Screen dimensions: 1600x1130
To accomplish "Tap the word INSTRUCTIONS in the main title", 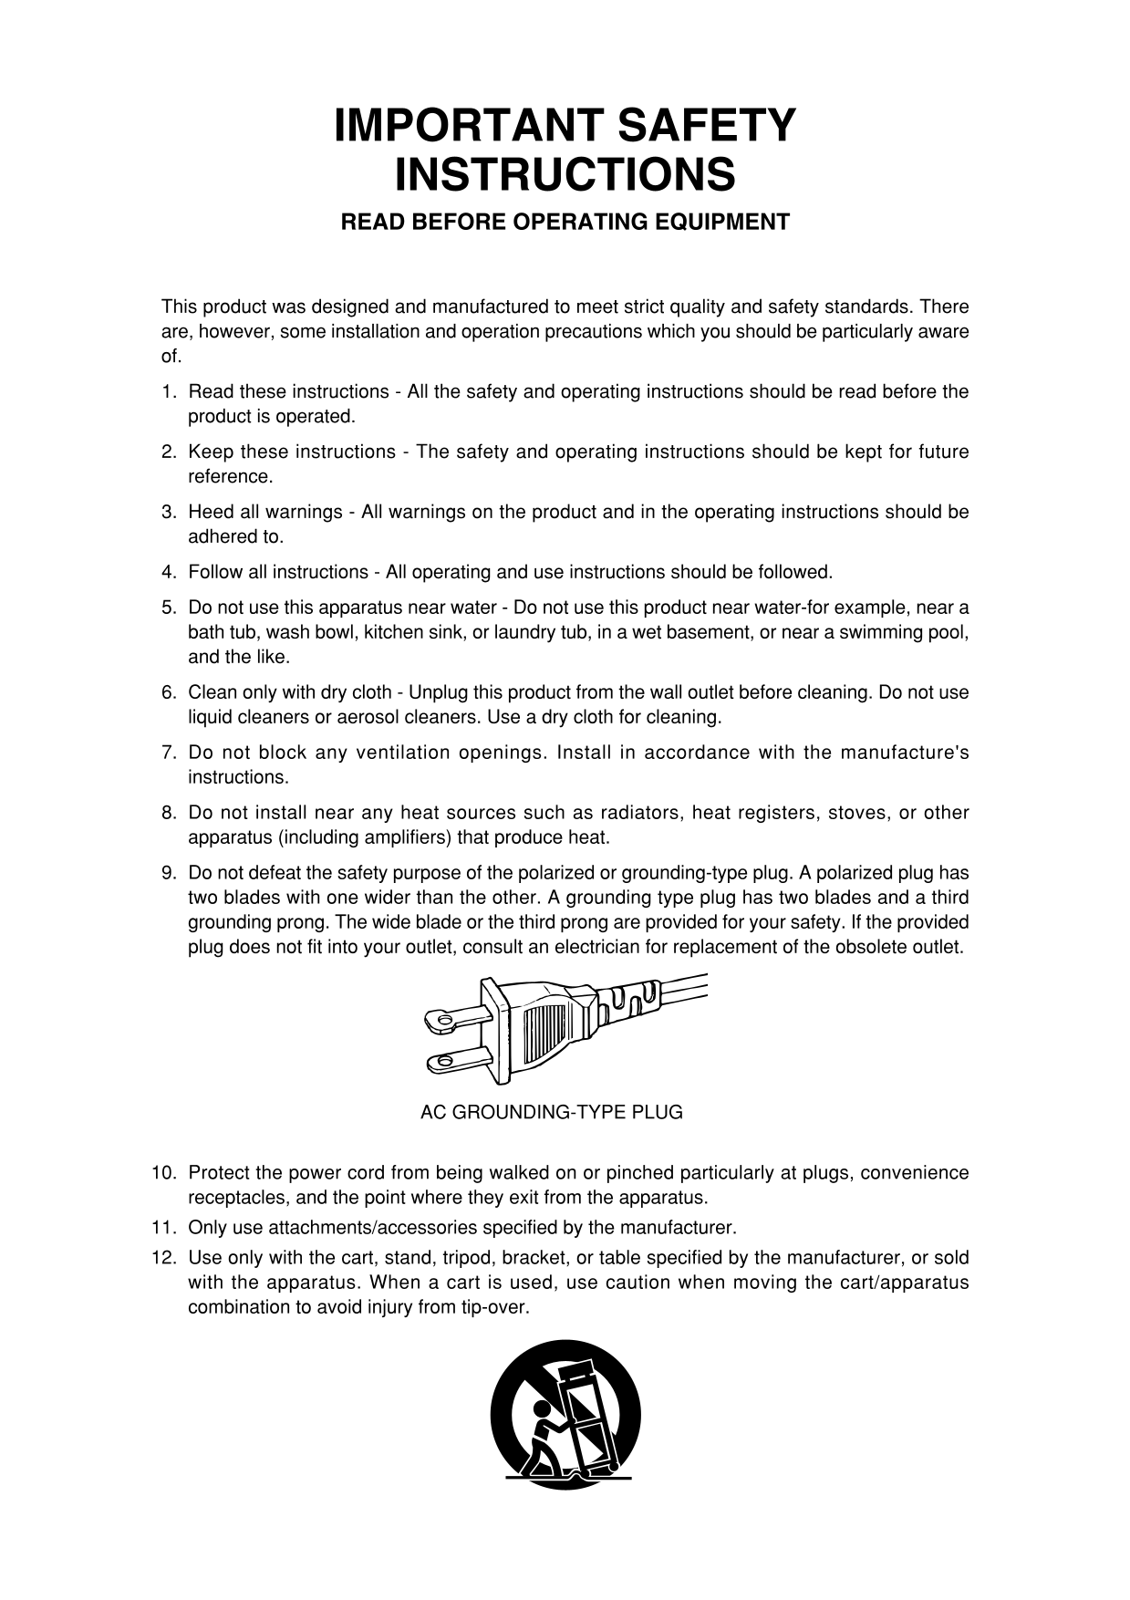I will (x=565, y=175).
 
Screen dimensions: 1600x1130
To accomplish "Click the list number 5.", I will (x=168, y=608).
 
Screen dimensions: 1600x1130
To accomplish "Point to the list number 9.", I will (x=168, y=873).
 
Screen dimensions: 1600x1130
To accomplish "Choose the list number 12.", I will (x=163, y=1259).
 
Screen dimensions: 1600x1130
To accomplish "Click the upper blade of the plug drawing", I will (x=456, y=1019).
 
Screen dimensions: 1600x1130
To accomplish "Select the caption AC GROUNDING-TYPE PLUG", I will (x=551, y=1113).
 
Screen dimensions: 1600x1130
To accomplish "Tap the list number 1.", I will (x=168, y=392).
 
